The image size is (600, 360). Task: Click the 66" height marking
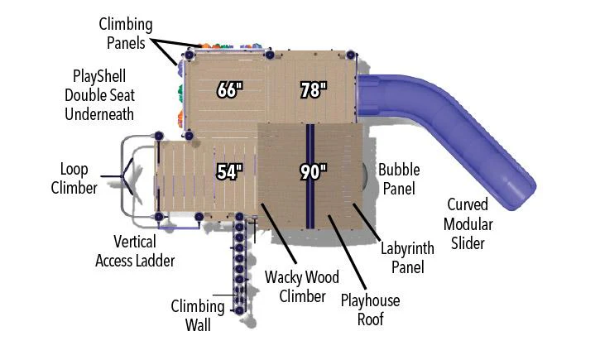point(229,90)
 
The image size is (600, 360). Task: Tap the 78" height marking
point(314,90)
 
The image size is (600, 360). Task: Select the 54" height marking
point(229,171)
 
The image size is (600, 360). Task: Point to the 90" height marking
point(314,171)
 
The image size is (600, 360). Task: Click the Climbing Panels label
point(126,33)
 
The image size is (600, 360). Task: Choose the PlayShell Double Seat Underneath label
point(99,95)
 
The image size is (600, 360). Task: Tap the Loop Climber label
point(74,178)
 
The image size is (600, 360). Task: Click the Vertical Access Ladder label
point(135,251)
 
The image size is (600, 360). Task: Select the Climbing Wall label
point(198,315)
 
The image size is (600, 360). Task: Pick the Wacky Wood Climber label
point(302,286)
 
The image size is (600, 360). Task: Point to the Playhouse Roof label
point(370,310)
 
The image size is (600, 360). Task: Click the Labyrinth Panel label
point(407,257)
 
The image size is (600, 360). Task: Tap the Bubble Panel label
point(399,179)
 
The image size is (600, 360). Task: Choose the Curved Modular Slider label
point(468,223)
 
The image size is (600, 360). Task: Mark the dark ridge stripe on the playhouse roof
point(310,176)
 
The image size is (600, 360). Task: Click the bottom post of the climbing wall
point(239,310)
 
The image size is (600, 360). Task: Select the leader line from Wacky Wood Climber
point(279,233)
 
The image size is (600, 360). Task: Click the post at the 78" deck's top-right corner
point(351,55)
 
